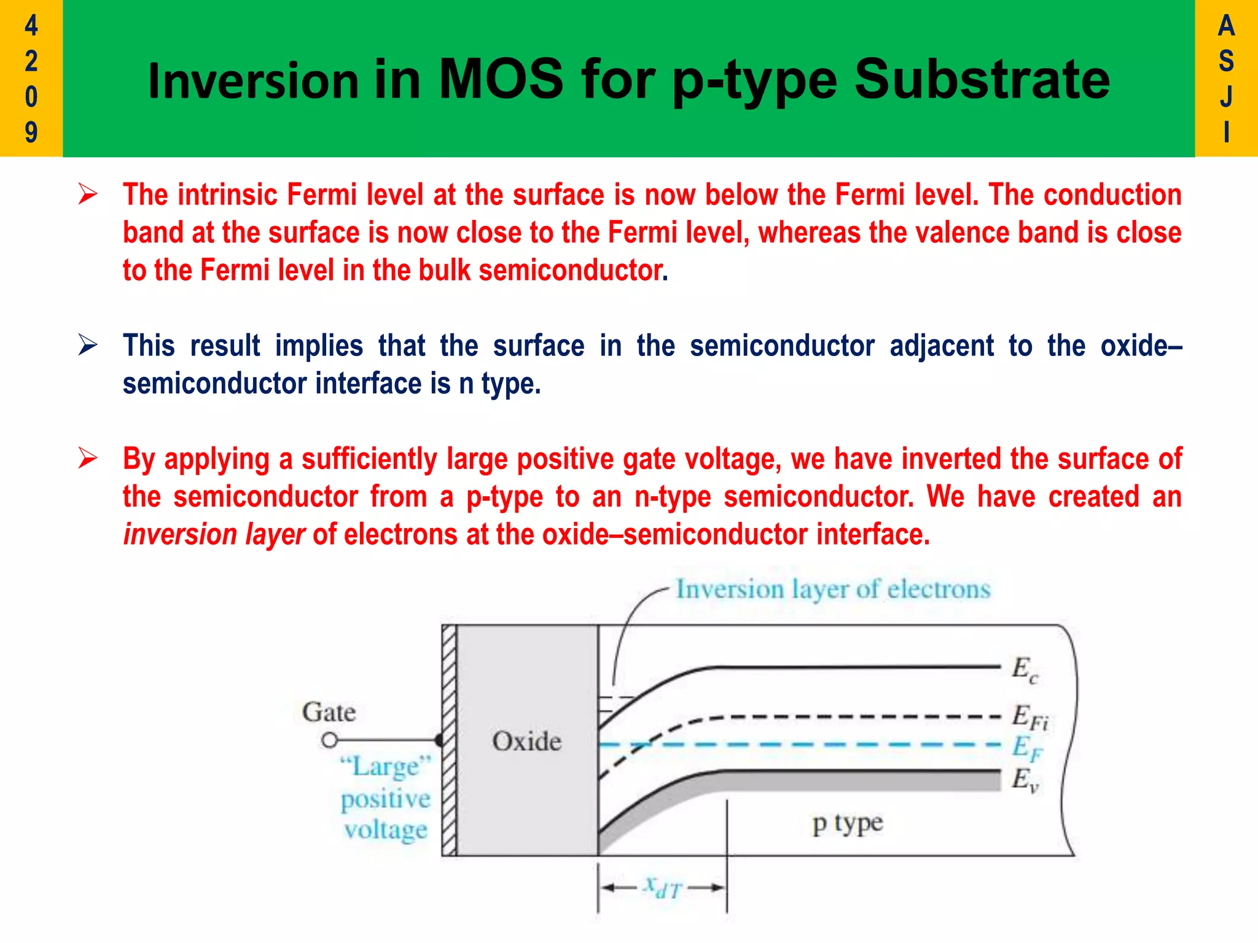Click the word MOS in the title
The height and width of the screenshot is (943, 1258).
501,79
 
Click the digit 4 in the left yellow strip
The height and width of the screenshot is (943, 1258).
31,26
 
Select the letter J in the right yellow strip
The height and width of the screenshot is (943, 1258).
1226,96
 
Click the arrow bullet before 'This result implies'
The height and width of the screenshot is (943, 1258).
88,345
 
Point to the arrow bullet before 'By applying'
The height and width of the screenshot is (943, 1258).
88,458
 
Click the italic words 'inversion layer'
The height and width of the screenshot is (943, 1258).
214,534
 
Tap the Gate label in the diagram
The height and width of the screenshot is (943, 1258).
329,712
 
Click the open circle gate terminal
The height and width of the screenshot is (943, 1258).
329,740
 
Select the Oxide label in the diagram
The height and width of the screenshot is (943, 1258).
526,741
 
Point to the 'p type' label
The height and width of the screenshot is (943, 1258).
847,823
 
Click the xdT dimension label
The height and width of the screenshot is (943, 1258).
662,887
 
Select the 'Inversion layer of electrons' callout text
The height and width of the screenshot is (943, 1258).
833,589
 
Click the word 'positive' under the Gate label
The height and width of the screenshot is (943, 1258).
386,799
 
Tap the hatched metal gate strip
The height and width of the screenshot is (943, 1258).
449,740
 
